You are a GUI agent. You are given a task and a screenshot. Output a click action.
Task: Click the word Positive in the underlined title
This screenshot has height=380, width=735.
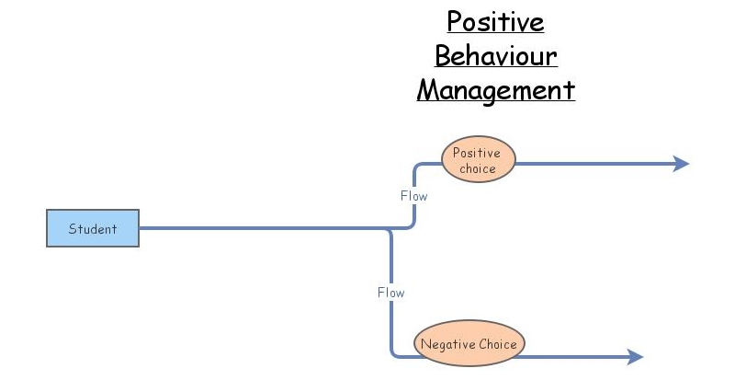[496, 21]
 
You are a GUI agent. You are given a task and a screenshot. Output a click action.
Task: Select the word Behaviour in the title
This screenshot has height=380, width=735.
[496, 56]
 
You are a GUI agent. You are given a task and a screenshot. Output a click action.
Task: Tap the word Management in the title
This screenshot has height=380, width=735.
[496, 90]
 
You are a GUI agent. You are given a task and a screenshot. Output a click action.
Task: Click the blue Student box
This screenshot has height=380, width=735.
[93, 228]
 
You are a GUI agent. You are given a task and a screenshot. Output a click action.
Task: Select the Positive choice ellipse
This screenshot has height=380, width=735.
[479, 160]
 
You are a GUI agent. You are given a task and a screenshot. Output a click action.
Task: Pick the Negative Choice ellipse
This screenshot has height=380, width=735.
[469, 344]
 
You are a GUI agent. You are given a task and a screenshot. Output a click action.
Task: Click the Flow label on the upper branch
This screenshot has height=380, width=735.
[413, 196]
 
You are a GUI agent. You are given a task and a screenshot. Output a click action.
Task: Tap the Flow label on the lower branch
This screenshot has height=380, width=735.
[390, 293]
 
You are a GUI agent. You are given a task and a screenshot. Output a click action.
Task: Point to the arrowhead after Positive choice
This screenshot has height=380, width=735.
[681, 164]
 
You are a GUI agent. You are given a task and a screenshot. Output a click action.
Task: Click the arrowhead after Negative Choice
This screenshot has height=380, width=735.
[635, 357]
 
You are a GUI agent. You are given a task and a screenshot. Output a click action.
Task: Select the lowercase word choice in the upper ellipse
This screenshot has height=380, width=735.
[479, 168]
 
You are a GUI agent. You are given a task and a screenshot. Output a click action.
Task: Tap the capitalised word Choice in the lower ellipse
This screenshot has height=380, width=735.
[497, 344]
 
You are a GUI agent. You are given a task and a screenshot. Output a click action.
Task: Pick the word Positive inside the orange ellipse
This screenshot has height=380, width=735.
[477, 153]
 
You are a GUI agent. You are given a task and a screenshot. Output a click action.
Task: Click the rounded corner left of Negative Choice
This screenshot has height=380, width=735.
[395, 352]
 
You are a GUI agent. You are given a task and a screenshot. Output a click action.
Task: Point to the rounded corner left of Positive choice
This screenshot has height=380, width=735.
[418, 167]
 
